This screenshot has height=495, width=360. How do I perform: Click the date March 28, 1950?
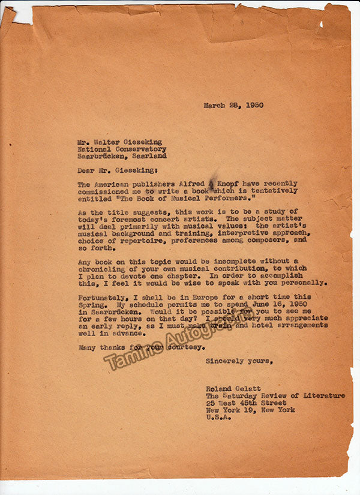pos(233,105)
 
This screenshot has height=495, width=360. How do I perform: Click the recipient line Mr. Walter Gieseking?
pos(119,142)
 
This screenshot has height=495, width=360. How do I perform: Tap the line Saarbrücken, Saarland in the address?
pos(122,155)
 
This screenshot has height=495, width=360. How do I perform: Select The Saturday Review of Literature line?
pos(275,396)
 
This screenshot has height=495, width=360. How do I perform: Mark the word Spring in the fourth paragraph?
pos(92,304)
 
